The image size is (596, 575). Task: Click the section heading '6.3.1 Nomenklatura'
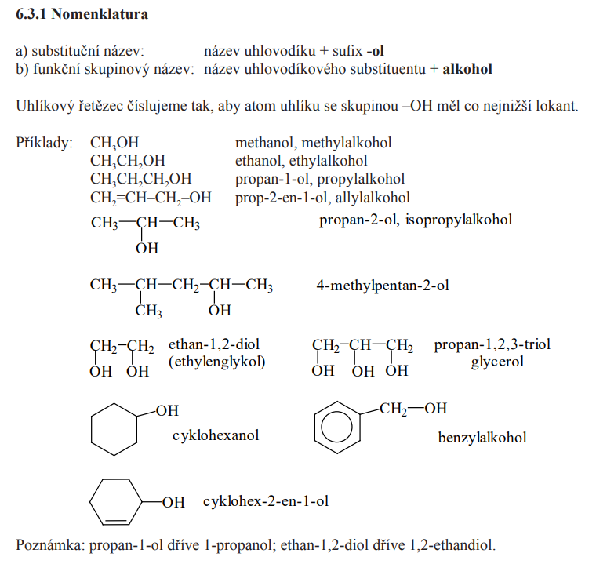point(82,14)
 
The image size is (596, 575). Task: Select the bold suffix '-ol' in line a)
point(376,51)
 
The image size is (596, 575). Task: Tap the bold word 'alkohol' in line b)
point(467,69)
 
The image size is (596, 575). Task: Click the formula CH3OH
point(114,143)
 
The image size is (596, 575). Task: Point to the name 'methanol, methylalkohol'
point(313,143)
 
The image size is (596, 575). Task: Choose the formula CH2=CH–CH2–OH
point(151,198)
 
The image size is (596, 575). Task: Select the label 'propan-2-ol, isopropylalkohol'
point(416,220)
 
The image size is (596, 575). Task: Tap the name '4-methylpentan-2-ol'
point(383,286)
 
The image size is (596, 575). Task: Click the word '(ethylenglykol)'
point(217,362)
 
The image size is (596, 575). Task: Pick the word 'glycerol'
point(497,362)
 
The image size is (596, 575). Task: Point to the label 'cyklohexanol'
point(216,435)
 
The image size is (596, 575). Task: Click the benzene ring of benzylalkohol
point(338,428)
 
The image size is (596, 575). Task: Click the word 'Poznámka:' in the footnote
point(49,544)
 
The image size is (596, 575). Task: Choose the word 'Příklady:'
point(44,143)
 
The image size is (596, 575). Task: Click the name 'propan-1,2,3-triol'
point(492,345)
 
